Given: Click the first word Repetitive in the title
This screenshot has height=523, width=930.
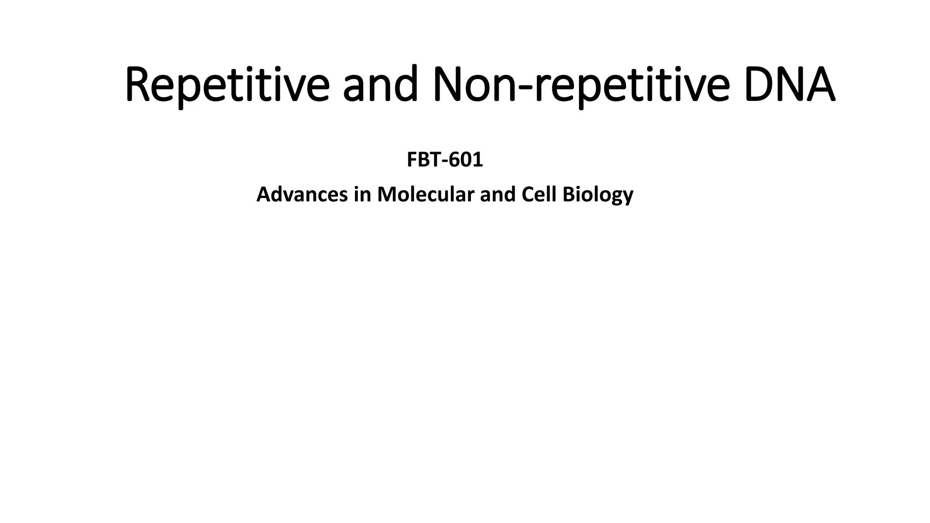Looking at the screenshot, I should click(x=227, y=85).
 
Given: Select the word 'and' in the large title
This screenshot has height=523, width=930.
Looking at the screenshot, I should click(x=380, y=85).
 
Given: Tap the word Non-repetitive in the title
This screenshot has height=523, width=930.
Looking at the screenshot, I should click(x=582, y=85).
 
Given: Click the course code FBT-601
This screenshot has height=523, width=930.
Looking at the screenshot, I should click(x=445, y=160).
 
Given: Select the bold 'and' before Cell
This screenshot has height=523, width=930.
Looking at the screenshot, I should click(x=498, y=194).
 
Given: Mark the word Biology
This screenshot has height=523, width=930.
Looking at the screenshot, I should click(x=598, y=195).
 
